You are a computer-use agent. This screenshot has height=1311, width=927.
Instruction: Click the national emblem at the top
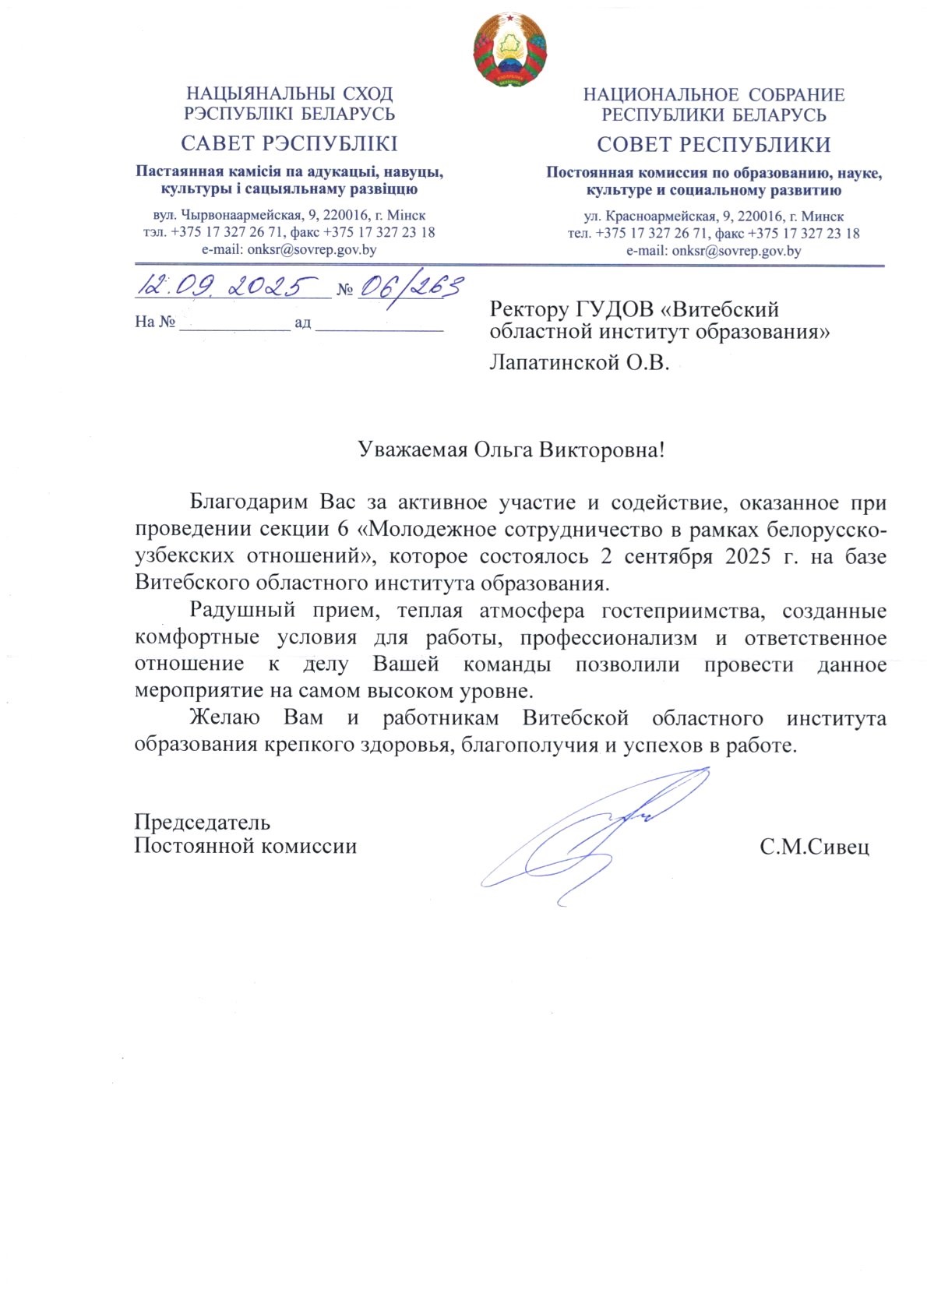tap(509, 49)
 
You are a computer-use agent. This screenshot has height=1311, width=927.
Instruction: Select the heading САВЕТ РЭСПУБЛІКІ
tap(289, 143)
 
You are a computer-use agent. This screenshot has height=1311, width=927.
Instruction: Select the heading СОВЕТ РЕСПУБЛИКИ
tap(714, 144)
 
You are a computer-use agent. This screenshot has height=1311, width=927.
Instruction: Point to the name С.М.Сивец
tap(814, 847)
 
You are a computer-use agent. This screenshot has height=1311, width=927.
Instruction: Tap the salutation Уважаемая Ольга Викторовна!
tap(511, 449)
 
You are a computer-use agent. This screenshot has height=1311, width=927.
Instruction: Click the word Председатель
tap(202, 822)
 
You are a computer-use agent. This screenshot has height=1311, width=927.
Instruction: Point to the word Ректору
tap(529, 309)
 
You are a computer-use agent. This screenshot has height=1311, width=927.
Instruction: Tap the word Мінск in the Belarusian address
tap(405, 215)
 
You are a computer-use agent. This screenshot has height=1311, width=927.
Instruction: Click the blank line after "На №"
tap(234, 322)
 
